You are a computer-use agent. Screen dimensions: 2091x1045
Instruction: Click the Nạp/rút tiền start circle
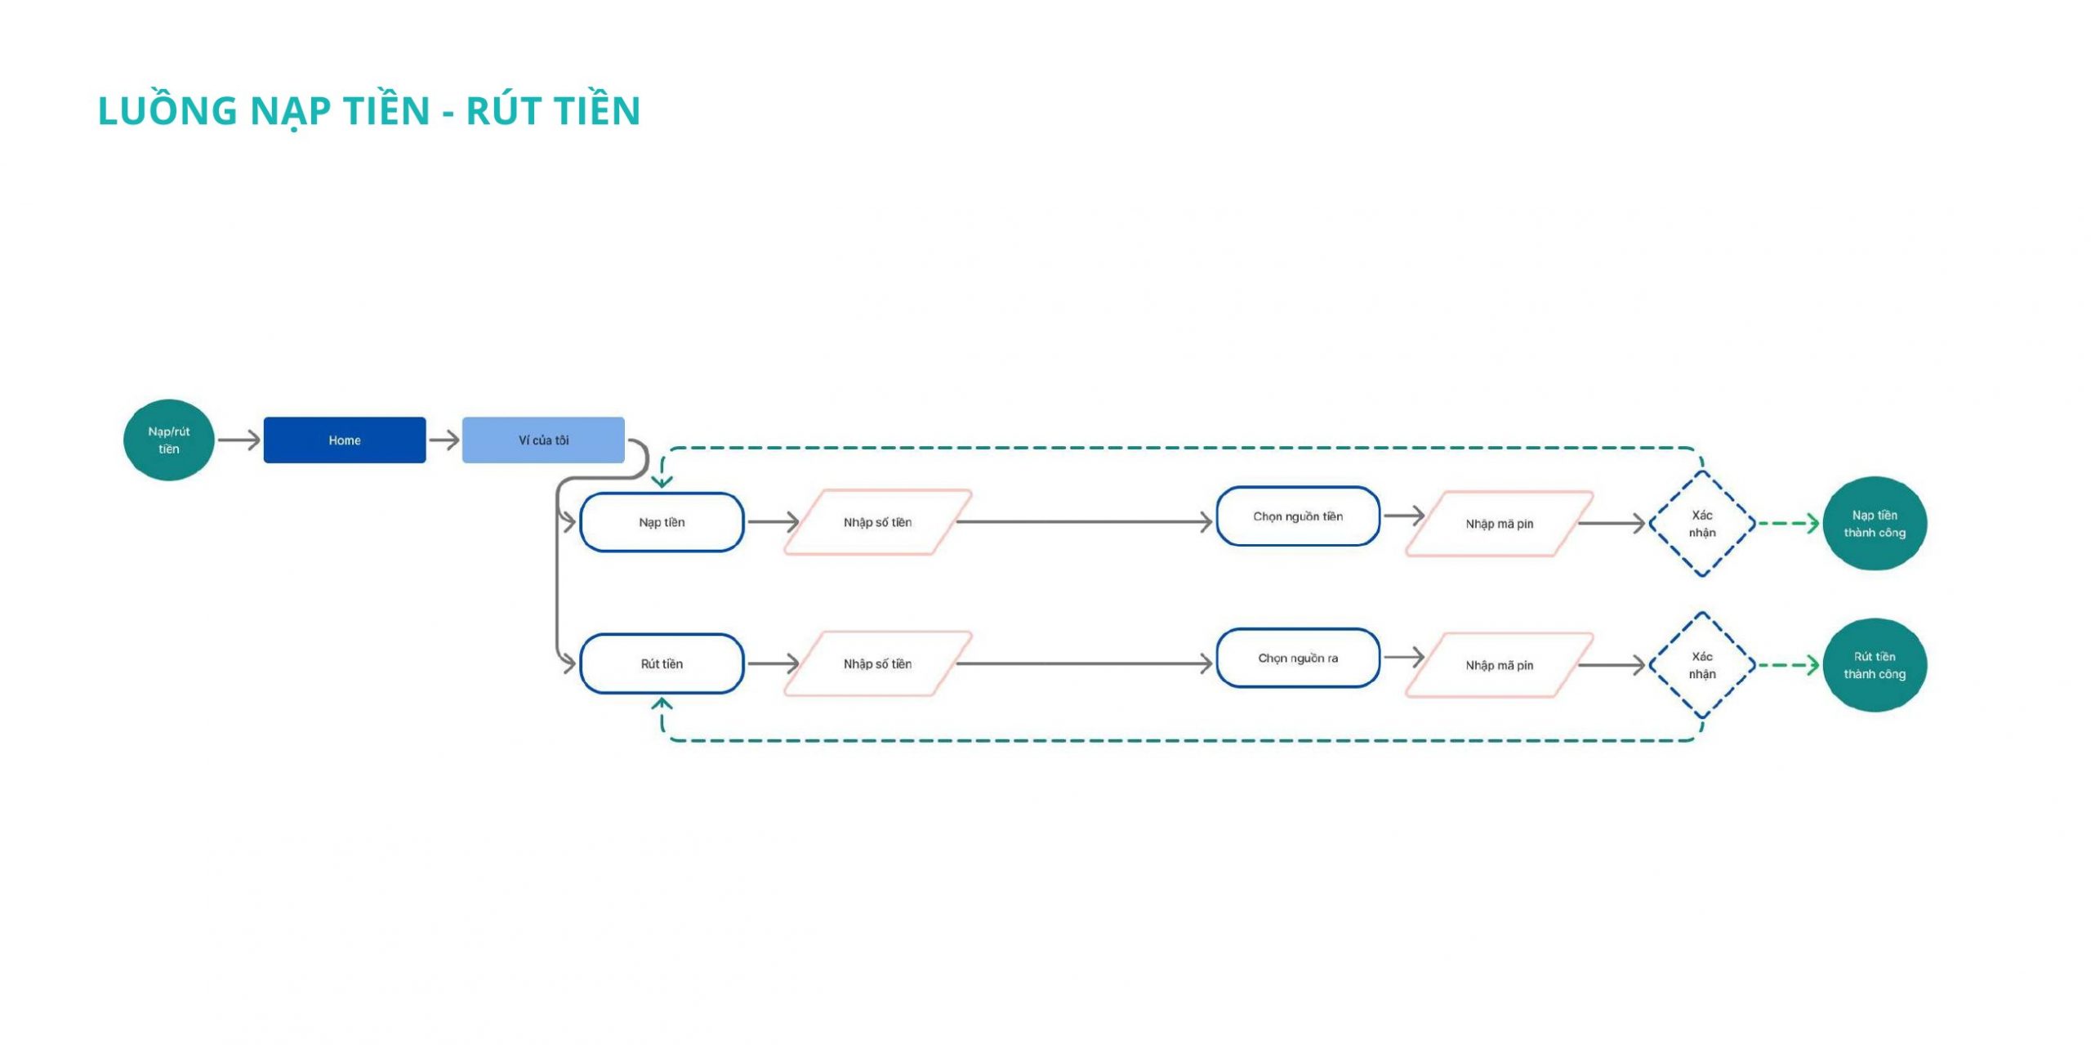pyautogui.click(x=169, y=440)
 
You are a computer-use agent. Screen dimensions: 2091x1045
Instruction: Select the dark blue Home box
pyautogui.click(x=345, y=440)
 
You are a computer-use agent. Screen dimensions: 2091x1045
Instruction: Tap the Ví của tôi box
pyautogui.click(x=543, y=440)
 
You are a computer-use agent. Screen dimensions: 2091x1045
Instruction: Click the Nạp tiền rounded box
pyautogui.click(x=662, y=522)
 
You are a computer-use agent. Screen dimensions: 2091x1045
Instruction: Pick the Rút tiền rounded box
pyautogui.click(x=662, y=663)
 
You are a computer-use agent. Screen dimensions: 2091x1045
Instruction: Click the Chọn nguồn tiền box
pyautogui.click(x=1298, y=516)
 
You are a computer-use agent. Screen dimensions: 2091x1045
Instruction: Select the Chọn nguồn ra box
pyautogui.click(x=1298, y=658)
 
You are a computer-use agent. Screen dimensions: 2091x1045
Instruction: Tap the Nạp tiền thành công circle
pyautogui.click(x=1875, y=524)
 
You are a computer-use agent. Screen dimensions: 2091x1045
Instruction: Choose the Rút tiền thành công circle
pyautogui.click(x=1875, y=665)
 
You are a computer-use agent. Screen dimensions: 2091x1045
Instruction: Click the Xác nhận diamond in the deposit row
pyautogui.click(x=1702, y=524)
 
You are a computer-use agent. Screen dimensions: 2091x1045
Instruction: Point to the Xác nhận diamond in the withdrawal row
pyautogui.click(x=1702, y=665)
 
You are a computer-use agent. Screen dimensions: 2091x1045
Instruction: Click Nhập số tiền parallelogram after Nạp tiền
pyautogui.click(x=878, y=522)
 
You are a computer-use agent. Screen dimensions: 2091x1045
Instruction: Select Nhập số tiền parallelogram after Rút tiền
pyautogui.click(x=878, y=663)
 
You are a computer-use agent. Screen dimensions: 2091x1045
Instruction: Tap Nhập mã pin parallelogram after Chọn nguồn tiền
pyautogui.click(x=1500, y=524)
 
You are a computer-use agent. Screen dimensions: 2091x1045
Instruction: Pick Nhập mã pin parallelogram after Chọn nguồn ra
pyautogui.click(x=1500, y=665)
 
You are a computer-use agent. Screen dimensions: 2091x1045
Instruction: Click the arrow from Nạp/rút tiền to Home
pyautogui.click(x=239, y=440)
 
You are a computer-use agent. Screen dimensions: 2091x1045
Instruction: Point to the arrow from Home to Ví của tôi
pyautogui.click(x=444, y=440)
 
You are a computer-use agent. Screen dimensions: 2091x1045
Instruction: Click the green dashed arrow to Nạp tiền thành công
pyautogui.click(x=1789, y=524)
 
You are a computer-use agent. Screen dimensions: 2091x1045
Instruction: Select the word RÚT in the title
pyautogui.click(x=504, y=111)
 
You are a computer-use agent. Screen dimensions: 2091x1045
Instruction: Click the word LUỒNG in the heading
pyautogui.click(x=167, y=110)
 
